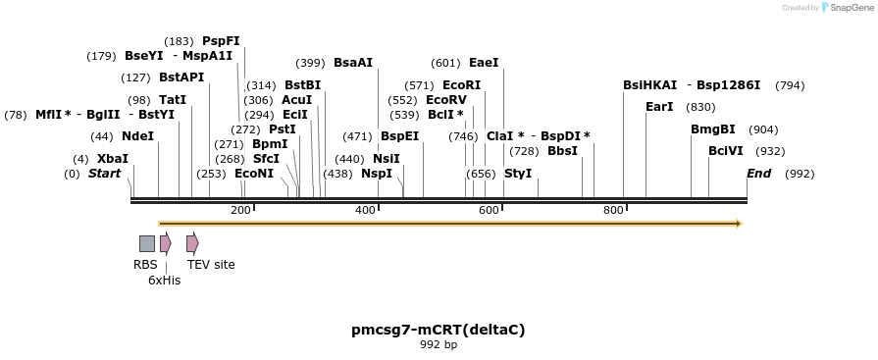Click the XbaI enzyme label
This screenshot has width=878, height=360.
112,159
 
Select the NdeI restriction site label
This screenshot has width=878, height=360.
137,136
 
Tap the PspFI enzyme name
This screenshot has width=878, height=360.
221,41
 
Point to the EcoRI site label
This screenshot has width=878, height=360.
461,85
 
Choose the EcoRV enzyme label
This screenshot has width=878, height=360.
445,100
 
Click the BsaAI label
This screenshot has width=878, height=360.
353,63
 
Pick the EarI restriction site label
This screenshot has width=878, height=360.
659,107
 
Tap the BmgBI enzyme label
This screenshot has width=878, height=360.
712,129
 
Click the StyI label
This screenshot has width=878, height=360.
517,174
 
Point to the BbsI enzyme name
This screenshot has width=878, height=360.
562,151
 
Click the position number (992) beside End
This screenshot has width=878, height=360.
800,174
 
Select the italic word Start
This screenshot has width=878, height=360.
104,174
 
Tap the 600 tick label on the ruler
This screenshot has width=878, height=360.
489,211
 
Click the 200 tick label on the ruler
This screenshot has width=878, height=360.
240,211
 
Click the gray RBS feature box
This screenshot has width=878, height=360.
146,243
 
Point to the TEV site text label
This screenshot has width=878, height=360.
211,265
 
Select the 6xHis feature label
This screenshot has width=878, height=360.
164,281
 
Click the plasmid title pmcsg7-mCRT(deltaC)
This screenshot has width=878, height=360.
439,330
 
